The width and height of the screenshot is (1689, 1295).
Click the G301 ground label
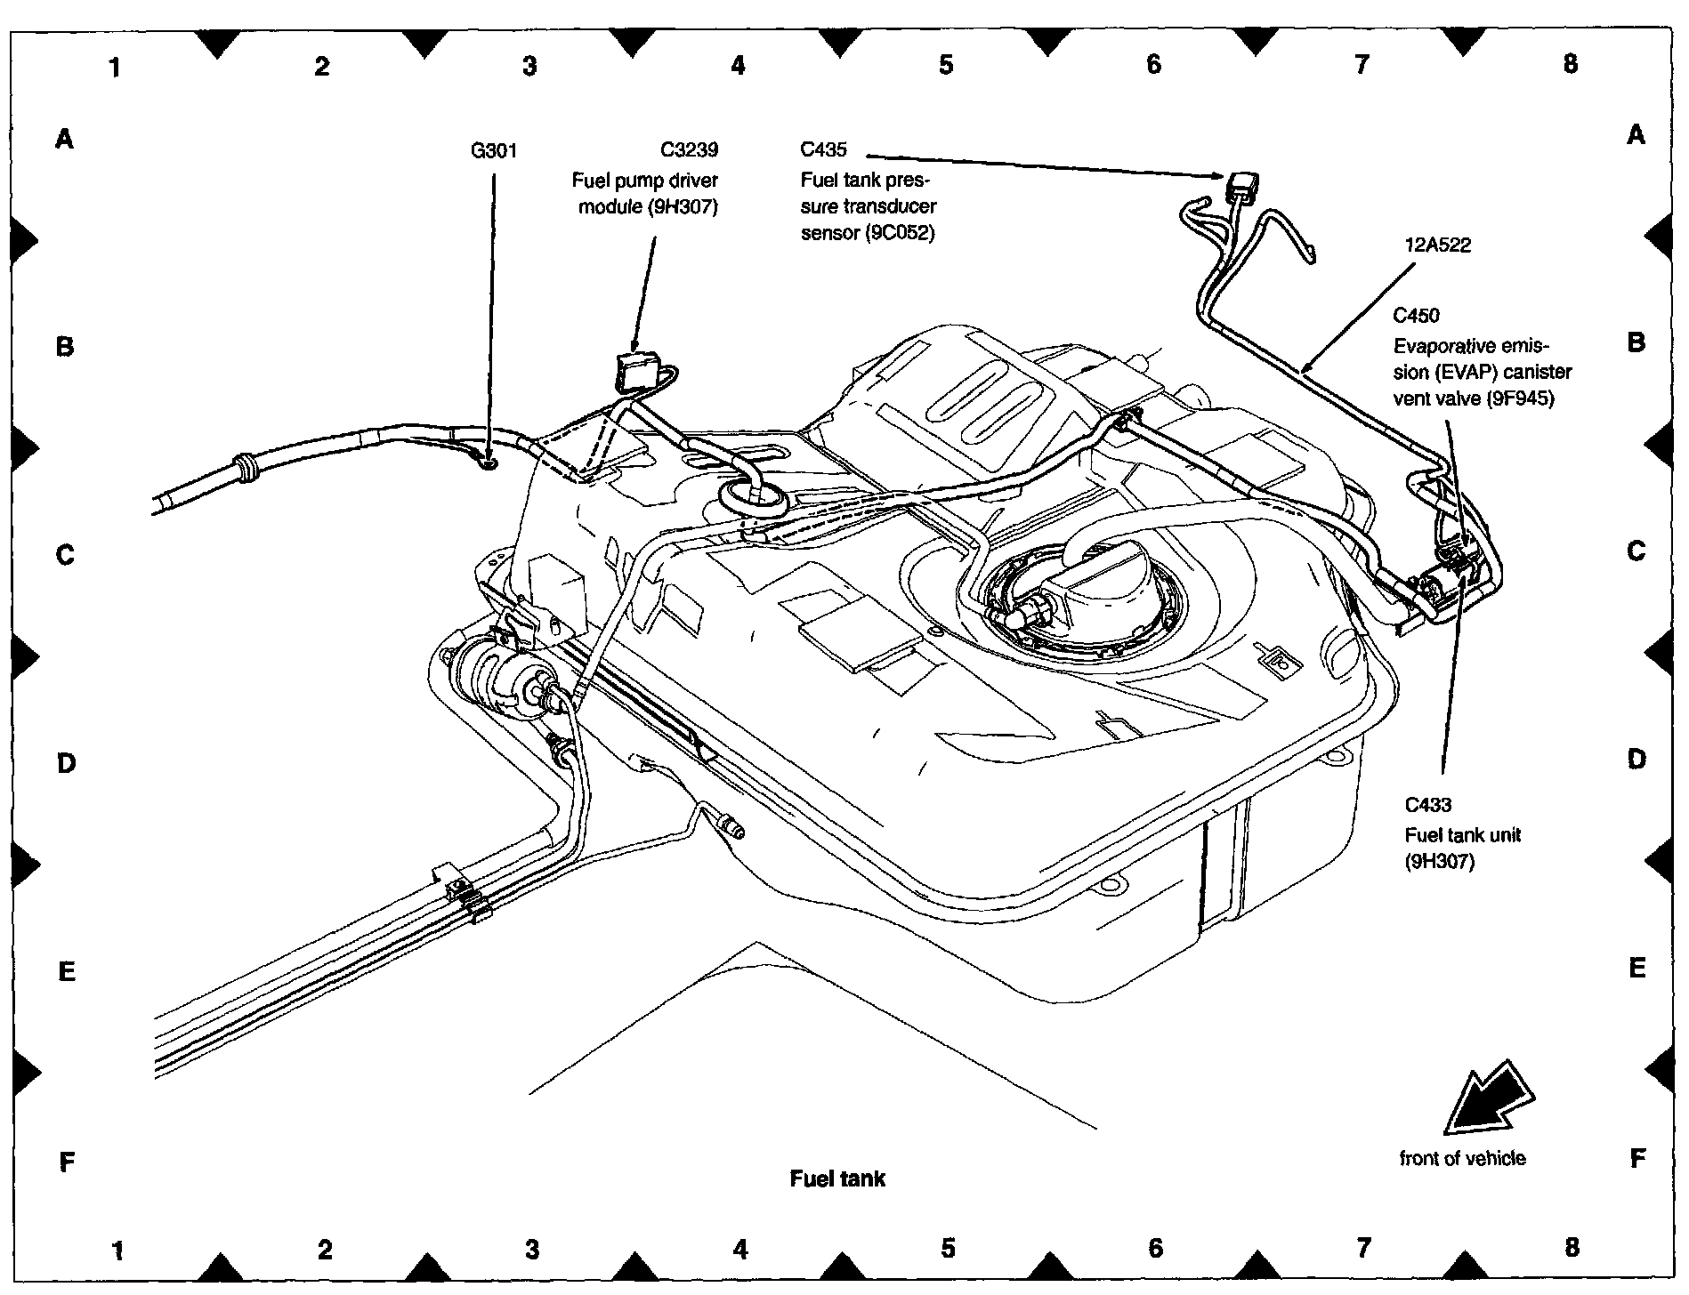tap(493, 151)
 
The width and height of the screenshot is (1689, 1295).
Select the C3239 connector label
tap(689, 150)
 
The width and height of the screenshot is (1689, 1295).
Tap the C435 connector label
tap(823, 150)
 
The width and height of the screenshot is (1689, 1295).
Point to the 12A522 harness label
tap(1438, 245)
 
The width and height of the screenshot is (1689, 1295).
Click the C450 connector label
tap(1416, 316)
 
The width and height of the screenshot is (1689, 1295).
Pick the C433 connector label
tap(1427, 806)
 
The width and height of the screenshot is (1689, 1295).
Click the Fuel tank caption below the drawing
tap(837, 1179)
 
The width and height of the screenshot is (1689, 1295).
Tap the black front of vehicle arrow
tap(1487, 1099)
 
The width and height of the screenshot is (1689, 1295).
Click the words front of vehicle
tap(1462, 1159)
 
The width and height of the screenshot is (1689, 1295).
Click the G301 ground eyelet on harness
tap(487, 462)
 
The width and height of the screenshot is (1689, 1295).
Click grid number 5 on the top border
tap(945, 64)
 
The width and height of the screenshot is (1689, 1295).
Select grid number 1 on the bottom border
tap(117, 1251)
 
